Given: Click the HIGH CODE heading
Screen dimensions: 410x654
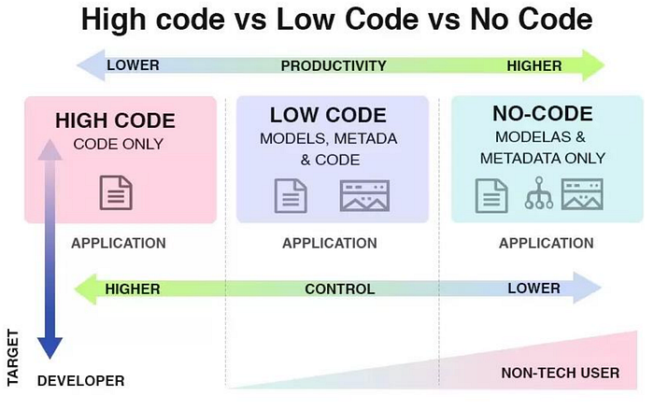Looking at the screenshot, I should coord(115,120).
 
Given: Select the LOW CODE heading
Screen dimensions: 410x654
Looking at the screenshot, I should coord(328,116).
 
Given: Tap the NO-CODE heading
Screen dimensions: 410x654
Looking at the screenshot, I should coord(542,114).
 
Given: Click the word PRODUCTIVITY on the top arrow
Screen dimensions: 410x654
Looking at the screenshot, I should coord(334,65).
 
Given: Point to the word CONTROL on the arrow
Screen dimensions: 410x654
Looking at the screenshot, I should coord(339,289).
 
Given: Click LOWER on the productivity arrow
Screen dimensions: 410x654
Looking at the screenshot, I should coord(134,65).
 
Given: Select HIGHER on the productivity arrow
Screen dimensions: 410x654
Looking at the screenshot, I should coord(534,65).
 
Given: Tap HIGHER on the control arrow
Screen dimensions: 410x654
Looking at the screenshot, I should coord(134,289).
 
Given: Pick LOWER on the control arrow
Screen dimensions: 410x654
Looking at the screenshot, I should coord(533,289).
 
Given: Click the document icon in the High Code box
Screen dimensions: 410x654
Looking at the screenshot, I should coord(117,193).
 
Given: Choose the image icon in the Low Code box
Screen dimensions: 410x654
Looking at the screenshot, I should coord(364,196).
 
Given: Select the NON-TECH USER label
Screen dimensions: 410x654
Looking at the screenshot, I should coord(560,374).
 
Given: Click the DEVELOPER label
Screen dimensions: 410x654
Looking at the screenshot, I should coord(81,381).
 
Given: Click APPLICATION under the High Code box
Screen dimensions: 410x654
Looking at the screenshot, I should coord(118,244).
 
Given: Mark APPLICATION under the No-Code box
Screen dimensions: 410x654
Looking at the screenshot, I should coord(546,244).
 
